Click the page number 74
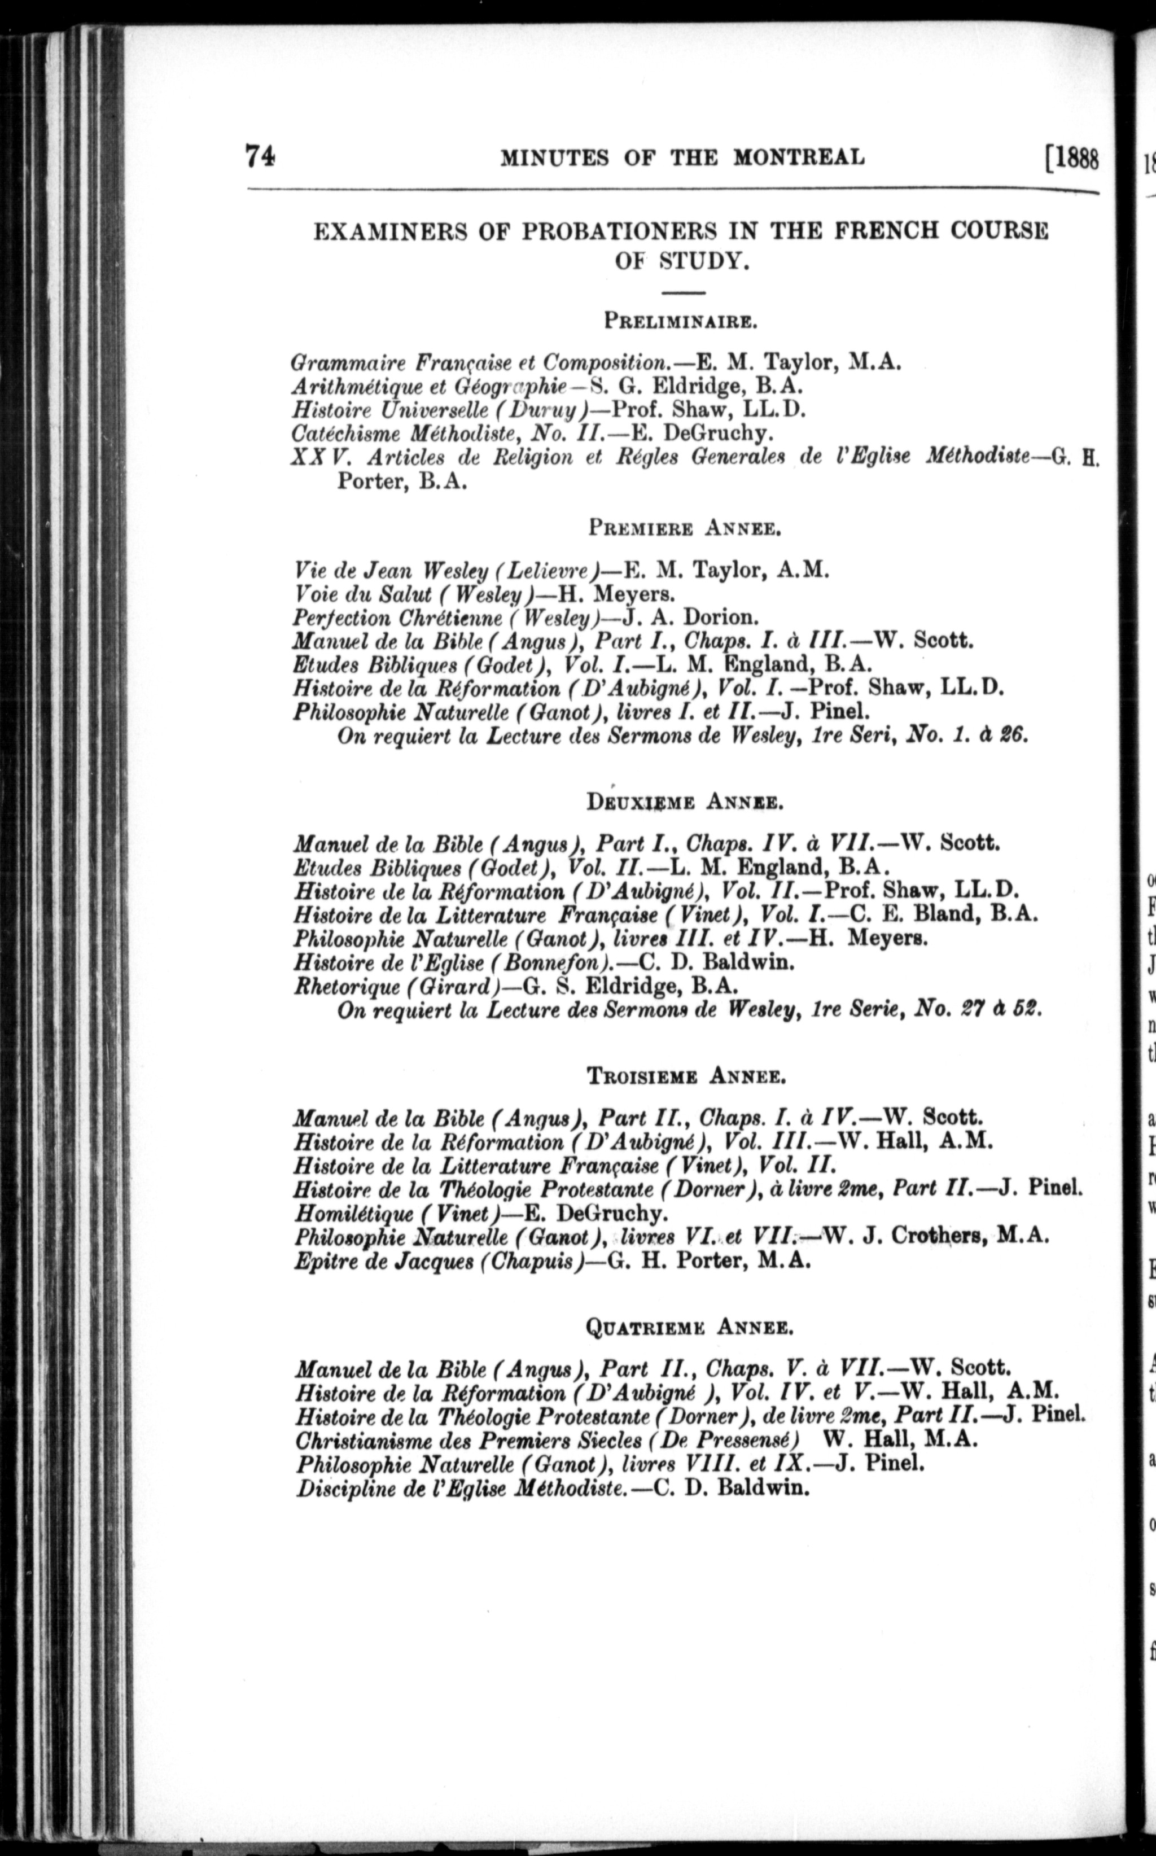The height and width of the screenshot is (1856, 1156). [260, 157]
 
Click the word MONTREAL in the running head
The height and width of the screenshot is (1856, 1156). [799, 157]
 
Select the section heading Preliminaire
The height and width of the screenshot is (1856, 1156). [681, 320]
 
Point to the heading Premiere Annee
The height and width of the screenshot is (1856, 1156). [684, 528]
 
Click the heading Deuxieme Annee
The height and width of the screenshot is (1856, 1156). [684, 803]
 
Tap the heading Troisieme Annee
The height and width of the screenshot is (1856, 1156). [686, 1076]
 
